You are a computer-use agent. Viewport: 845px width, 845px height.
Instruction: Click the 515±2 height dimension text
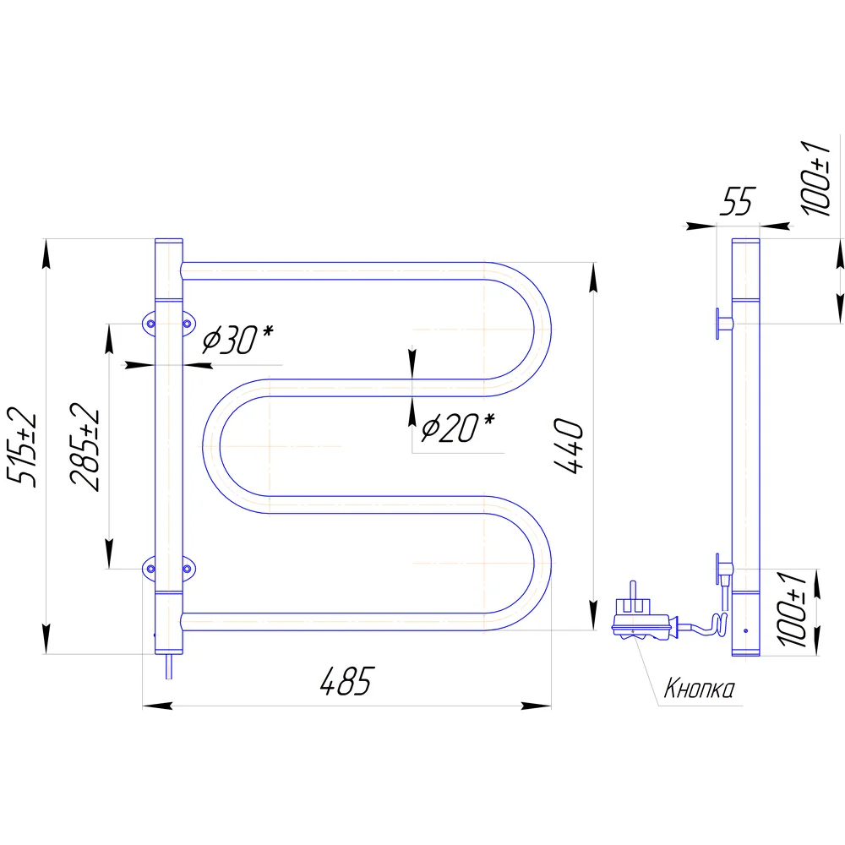coord(22,447)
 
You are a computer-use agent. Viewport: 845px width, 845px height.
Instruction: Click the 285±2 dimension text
coord(84,447)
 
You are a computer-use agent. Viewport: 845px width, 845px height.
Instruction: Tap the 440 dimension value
coord(569,445)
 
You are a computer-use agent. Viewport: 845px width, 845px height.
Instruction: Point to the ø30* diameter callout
coord(237,340)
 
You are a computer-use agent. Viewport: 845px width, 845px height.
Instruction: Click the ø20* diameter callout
coord(457,428)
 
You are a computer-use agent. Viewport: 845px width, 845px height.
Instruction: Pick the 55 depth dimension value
coord(738,201)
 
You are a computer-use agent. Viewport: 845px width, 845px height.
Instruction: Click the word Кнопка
coord(699,688)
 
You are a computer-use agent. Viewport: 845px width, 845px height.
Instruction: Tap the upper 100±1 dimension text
coord(816,178)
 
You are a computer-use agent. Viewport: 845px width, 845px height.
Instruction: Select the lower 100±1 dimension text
coord(792,609)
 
